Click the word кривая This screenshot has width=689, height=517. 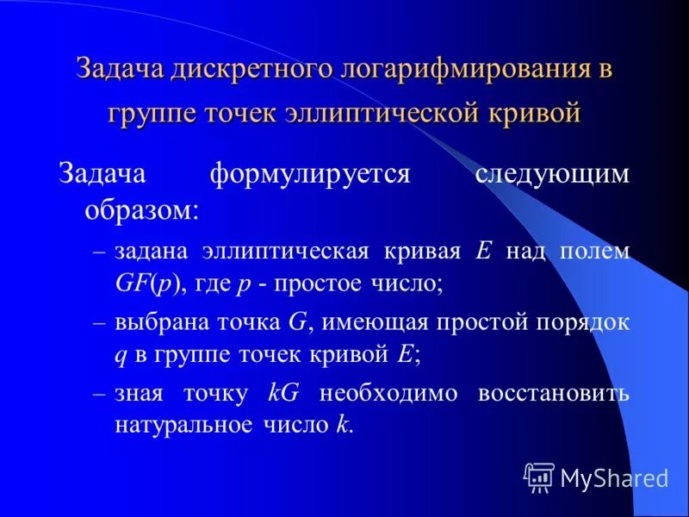coord(421,251)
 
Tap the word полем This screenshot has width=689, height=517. coord(597,251)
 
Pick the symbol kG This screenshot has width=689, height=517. coord(283,394)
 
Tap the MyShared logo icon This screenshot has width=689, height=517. coord(538,477)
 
